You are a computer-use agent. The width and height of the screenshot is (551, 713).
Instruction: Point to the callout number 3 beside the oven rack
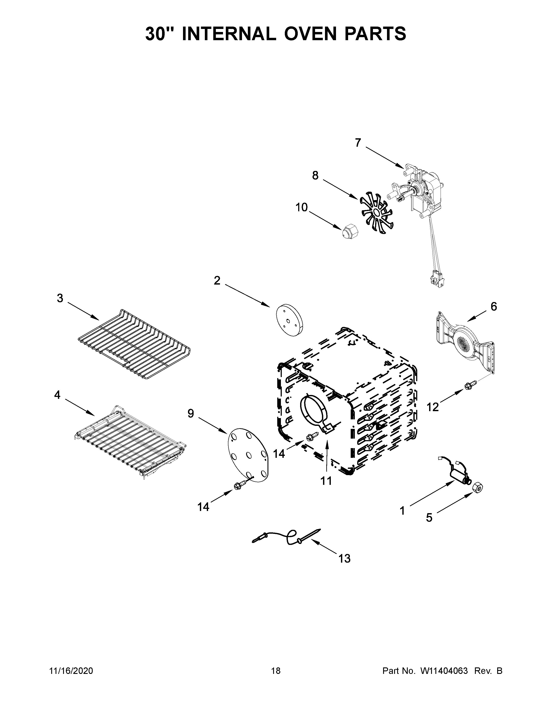coord(60,298)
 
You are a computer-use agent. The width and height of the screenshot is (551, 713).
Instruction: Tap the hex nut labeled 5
coord(478,488)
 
